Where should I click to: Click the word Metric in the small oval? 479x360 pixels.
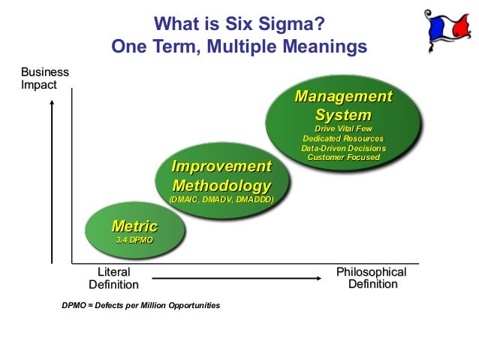pyautogui.click(x=134, y=226)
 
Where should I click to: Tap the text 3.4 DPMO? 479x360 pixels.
pyautogui.click(x=134, y=240)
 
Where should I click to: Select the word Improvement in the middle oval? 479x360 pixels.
pyautogui.click(x=221, y=167)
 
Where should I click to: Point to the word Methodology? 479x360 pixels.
pyautogui.click(x=221, y=185)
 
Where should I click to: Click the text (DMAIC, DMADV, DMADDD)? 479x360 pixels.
pyautogui.click(x=221, y=200)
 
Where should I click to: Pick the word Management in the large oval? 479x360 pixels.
pyautogui.click(x=343, y=97)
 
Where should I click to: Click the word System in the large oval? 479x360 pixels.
pyautogui.click(x=343, y=116)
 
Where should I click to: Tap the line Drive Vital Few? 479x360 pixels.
pyautogui.click(x=343, y=130)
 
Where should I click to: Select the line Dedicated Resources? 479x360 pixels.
pyautogui.click(x=343, y=139)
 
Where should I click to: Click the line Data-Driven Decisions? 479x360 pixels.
pyautogui.click(x=343, y=149)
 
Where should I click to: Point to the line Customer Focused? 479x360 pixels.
pyautogui.click(x=343, y=158)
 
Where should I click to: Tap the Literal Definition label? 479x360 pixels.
pyautogui.click(x=113, y=278)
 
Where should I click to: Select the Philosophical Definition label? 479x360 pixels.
pyautogui.click(x=372, y=278)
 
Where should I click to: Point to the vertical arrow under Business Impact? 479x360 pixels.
pyautogui.click(x=51, y=180)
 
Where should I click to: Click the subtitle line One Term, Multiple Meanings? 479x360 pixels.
pyautogui.click(x=239, y=47)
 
